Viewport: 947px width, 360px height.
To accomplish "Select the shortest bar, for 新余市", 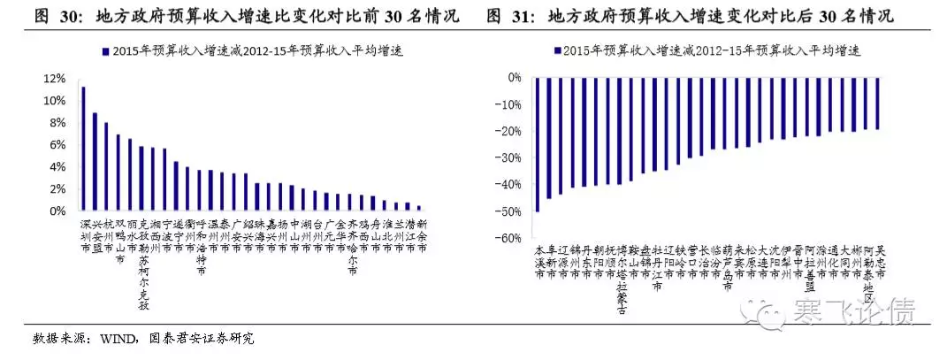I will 419,208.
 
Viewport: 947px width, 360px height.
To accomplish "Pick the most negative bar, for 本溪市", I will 538,144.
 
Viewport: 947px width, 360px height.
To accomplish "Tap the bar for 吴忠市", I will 878,103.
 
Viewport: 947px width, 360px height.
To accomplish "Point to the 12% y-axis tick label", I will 54,78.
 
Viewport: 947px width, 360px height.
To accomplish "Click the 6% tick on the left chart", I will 57,145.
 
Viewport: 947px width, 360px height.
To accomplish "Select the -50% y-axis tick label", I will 508,211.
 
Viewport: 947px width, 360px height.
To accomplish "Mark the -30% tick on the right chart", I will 508,158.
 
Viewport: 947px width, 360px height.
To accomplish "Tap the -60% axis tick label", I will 508,238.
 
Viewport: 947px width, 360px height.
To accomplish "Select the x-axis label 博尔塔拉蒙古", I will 620,280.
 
